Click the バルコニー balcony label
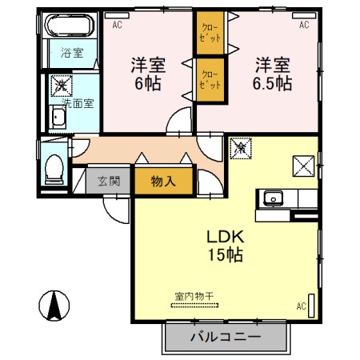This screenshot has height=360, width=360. pyautogui.click(x=226, y=337)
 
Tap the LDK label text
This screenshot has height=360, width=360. pyautogui.click(x=225, y=238)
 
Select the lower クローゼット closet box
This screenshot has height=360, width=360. pyautogui.click(x=210, y=78)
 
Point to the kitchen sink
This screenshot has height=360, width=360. pyautogui.click(x=273, y=197)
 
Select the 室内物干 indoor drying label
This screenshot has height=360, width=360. pyautogui.click(x=194, y=296)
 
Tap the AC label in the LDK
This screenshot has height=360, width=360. pyautogui.click(x=302, y=305)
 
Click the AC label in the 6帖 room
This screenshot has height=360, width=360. pyautogui.click(x=118, y=26)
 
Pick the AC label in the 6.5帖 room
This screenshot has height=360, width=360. pyautogui.click(x=304, y=26)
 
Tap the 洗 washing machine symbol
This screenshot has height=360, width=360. pyautogui.click(x=61, y=85)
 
